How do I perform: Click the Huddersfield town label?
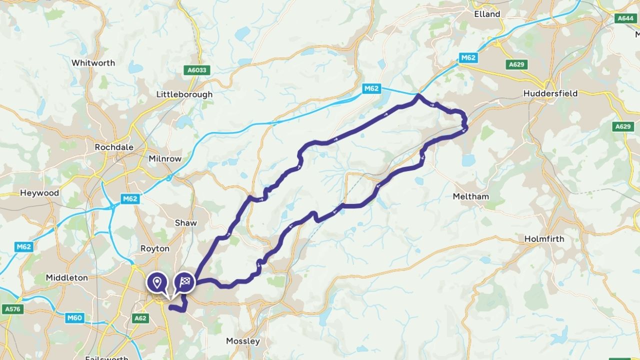[x=550, y=93]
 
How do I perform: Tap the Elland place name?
[x=487, y=14]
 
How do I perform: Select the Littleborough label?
[x=184, y=94]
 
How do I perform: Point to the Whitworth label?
[x=93, y=63]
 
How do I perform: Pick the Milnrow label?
[x=165, y=159]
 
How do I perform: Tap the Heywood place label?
[x=39, y=193]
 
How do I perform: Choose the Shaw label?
[x=185, y=223]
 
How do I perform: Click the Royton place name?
[x=155, y=248]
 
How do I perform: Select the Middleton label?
[x=66, y=277]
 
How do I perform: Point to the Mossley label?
[x=243, y=341]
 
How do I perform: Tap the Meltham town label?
[x=470, y=196]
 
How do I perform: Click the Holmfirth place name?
[x=544, y=239]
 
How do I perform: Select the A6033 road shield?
[x=197, y=70]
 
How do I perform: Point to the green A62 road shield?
[x=140, y=317]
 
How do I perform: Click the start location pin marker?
[x=157, y=282]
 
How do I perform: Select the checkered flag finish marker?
[x=184, y=282]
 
